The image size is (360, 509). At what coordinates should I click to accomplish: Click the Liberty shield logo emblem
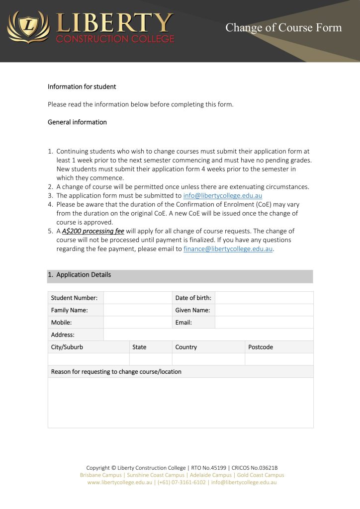coord(29,27)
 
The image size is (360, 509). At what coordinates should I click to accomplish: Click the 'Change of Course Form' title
coord(283,28)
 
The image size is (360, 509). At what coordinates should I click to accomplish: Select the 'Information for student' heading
coord(82,86)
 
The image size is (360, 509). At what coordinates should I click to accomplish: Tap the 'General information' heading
coord(77,122)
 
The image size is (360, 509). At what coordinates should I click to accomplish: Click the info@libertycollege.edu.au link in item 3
coord(222,196)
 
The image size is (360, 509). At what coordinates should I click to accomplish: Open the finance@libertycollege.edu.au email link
coord(228,249)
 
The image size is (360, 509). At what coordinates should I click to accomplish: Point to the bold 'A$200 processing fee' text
coord(93,231)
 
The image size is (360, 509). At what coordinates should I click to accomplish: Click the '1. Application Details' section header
coord(80,275)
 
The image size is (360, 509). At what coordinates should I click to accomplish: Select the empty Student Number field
coord(138,298)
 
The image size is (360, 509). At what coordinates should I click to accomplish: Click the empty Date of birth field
coord(264,298)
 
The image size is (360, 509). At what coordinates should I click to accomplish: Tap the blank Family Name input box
coord(138,310)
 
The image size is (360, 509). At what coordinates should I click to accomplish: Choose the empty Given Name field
coord(264,310)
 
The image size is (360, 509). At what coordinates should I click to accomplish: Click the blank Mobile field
coord(138,323)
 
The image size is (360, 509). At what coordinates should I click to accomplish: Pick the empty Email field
coord(264,323)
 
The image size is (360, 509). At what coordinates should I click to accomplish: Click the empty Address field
coord(208,335)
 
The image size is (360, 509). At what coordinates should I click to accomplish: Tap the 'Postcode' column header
coord(261,347)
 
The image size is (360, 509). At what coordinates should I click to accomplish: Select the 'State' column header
coord(139,347)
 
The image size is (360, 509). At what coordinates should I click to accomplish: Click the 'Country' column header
coord(186,347)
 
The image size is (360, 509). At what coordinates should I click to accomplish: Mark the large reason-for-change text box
coord(180,403)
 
